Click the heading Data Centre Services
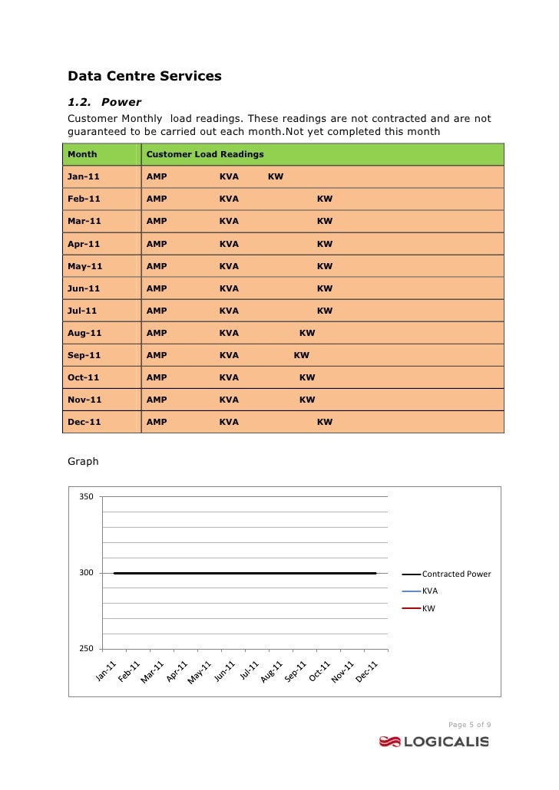tap(144, 76)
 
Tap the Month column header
tap(82, 154)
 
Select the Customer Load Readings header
tap(204, 154)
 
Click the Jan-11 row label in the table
tap(84, 176)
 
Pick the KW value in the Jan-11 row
tap(275, 176)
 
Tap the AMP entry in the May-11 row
tap(156, 266)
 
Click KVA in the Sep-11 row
tap(229, 355)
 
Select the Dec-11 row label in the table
tap(84, 422)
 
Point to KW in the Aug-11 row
tap(307, 333)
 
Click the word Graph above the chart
tap(83, 462)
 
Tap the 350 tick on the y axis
tap(86, 497)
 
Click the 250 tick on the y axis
tap(86, 649)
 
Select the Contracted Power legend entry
tap(456, 574)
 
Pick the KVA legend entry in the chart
tap(430, 591)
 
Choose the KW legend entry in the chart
tap(428, 608)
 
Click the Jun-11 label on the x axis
tap(223, 673)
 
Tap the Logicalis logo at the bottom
tap(434, 741)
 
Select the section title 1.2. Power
tap(104, 101)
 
